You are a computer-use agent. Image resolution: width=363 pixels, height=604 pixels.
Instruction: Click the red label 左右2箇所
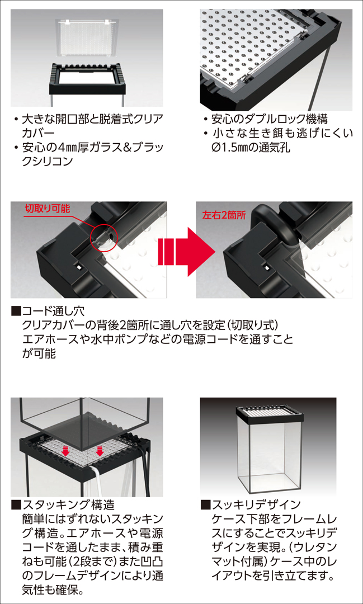pos(224,214)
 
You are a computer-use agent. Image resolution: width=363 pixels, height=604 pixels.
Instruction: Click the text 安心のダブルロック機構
pos(268,119)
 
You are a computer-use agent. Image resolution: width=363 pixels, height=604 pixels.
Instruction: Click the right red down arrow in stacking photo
pos(99,450)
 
